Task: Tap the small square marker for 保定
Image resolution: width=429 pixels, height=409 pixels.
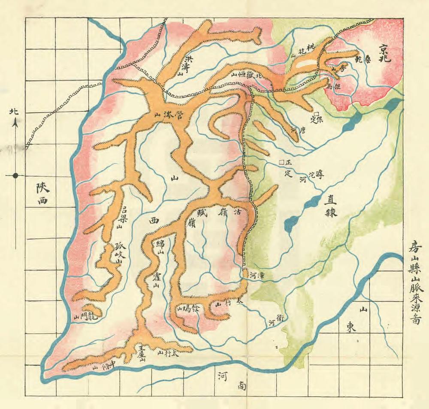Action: [x=316, y=114]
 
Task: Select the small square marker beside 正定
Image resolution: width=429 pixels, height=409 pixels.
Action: [x=281, y=162]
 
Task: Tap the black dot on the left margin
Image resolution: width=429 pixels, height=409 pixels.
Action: [x=15, y=175]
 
